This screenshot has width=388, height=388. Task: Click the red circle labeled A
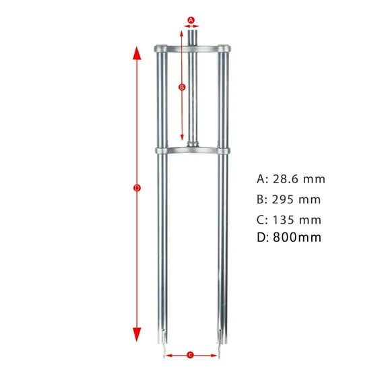[191, 20]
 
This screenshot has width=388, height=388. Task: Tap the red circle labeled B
[181, 88]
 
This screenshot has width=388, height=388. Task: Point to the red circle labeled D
[137, 189]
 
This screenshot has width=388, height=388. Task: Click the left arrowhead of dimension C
[167, 354]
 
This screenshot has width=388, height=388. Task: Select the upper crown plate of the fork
[193, 48]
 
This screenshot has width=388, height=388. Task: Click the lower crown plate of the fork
[193, 150]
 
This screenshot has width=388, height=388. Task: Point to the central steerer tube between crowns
[193, 98]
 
